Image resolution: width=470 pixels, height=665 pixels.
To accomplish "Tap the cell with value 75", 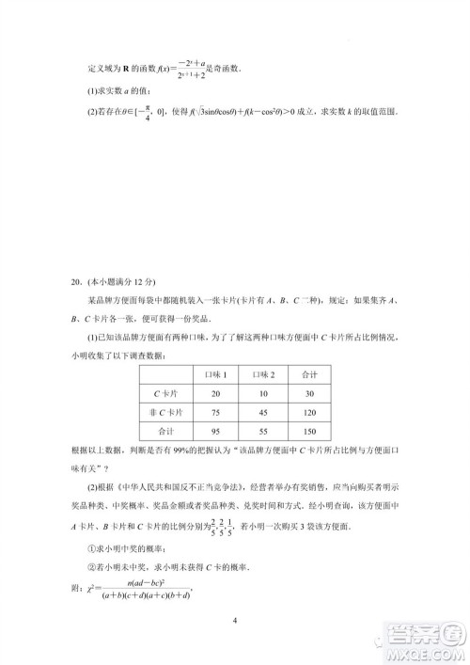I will coord(216,412).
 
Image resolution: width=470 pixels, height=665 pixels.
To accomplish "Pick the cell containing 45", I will coord(264,412).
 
